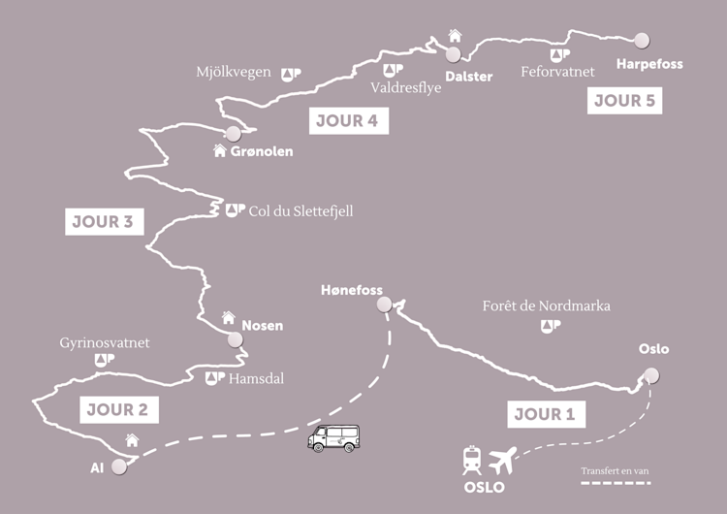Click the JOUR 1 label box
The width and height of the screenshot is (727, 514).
coord(545,414)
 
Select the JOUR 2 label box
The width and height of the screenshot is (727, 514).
coord(116,410)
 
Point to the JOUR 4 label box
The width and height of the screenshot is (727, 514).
coord(347,121)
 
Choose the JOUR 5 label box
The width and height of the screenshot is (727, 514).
coord(624,100)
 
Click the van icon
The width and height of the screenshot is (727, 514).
coord(333,438)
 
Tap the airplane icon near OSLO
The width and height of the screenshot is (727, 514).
coord(503,457)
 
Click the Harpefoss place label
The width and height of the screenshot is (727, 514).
coord(649,64)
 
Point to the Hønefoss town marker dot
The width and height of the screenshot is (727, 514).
coord(384,305)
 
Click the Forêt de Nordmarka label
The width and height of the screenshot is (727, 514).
coord(547,305)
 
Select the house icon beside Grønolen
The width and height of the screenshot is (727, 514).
coord(220,150)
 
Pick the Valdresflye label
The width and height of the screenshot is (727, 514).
coord(405,86)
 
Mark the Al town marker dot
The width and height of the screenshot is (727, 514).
coord(119,466)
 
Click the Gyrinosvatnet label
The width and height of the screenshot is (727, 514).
coord(105,343)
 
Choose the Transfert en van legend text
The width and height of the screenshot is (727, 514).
coord(615,471)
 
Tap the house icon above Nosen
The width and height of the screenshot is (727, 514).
coord(229,316)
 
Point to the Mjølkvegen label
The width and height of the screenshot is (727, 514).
coord(233,73)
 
